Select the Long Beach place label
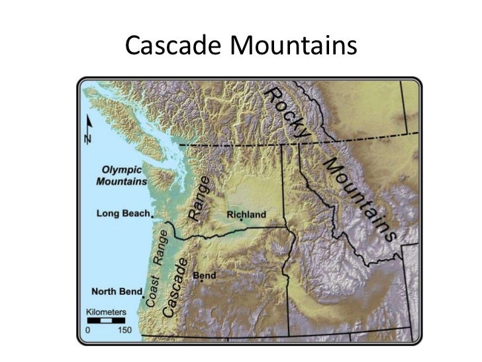[122, 213]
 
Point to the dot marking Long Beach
[153, 215]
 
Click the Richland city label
[246, 215]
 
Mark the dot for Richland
[242, 222]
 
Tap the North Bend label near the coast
[116, 292]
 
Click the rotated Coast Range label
[158, 269]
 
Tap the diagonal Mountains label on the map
[360, 199]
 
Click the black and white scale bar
[103, 320]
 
